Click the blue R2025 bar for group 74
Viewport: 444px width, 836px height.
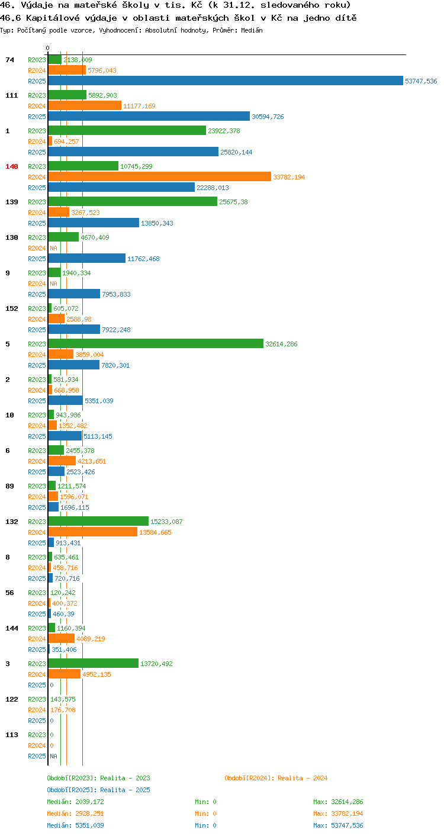[226, 81]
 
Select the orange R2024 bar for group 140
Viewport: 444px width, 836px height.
[160, 176]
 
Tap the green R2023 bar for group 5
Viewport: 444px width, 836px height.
[156, 343]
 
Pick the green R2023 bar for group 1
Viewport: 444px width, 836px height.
[127, 130]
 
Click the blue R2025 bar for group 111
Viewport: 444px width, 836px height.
[149, 116]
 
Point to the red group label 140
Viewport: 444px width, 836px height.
[12, 166]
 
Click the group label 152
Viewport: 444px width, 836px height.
[12, 308]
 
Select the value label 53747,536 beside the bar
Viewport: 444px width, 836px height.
[421, 81]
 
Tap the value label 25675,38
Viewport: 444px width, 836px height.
[233, 202]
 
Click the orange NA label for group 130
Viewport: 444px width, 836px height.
[54, 248]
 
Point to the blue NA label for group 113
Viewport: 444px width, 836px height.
[54, 756]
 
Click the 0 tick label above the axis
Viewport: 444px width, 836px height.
[48, 48]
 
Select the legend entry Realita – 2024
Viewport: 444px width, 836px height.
[276, 778]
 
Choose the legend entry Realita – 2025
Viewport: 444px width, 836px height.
[98, 790]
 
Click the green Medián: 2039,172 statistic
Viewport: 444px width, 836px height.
[75, 802]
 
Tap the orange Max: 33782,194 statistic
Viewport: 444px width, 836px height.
[338, 814]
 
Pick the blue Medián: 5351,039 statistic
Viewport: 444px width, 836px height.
[75, 825]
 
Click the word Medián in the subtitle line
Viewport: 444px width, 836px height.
[252, 30]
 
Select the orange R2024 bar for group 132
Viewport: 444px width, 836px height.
[93, 532]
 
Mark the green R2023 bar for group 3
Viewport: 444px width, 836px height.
[94, 663]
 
